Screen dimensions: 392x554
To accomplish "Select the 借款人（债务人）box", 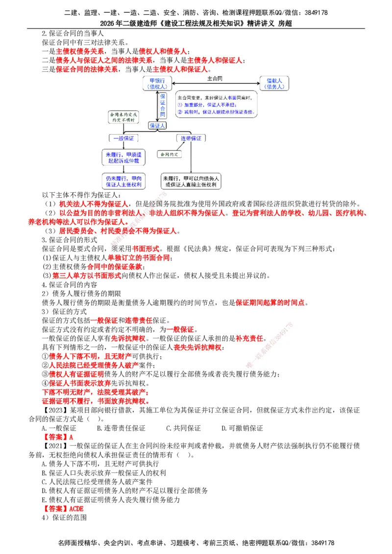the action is tap(274, 83).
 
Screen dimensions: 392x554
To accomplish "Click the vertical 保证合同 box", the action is tap(163, 105).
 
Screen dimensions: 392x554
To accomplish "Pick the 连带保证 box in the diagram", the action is tap(191, 138).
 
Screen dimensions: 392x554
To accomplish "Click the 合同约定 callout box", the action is tap(170, 154).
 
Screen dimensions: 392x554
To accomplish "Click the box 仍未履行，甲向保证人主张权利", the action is tap(122, 181).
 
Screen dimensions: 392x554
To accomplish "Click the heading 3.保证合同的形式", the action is tap(70, 240).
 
